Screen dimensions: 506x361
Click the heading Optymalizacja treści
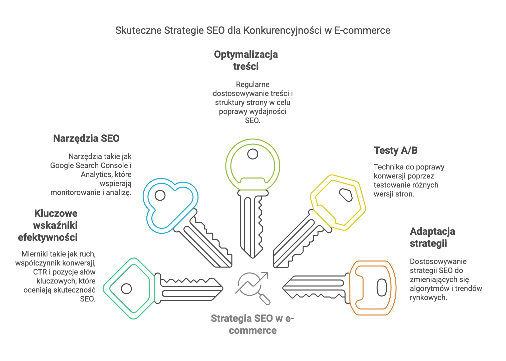[x=246, y=60]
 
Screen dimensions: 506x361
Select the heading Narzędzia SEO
[x=86, y=138]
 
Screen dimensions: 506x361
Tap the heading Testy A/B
[x=396, y=150]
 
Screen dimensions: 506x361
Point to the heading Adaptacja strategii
[x=432, y=237]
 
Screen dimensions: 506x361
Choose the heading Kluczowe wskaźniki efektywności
[x=48, y=225]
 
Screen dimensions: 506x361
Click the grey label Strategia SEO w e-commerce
[x=252, y=324]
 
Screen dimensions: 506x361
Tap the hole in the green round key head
[x=252, y=154]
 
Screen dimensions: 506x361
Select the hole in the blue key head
[x=160, y=195]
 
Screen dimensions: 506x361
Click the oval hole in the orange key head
[x=382, y=287]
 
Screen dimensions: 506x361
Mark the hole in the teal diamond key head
[x=126, y=289]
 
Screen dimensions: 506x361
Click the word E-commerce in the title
[x=362, y=30]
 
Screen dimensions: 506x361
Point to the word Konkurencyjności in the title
[x=283, y=31]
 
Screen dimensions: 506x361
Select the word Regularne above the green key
[x=252, y=85]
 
